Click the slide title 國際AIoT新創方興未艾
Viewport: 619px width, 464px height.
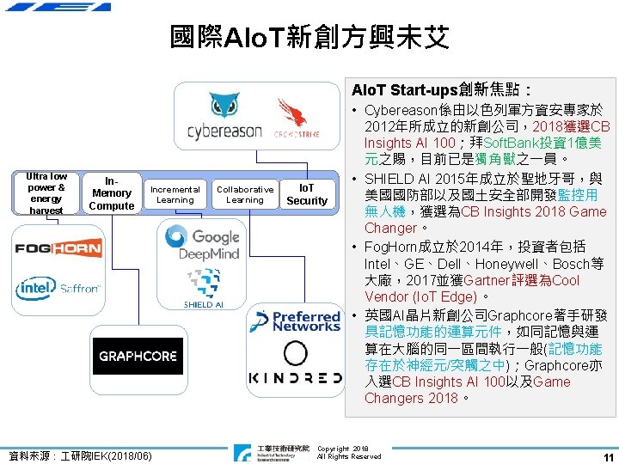tap(309, 37)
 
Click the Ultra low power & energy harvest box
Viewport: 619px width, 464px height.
tap(46, 193)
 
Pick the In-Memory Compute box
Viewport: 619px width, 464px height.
tap(112, 193)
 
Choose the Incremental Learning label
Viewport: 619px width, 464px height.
tap(175, 195)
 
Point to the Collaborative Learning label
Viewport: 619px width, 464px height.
tap(245, 195)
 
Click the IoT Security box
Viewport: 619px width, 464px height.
tap(307, 194)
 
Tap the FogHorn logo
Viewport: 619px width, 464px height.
tap(58, 249)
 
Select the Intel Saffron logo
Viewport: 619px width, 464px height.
tap(58, 289)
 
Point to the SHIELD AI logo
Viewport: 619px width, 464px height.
tap(203, 289)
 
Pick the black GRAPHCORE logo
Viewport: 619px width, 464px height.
tap(138, 356)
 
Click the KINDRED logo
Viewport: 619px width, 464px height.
tap(295, 378)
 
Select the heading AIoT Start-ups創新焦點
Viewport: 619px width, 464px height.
tap(443, 89)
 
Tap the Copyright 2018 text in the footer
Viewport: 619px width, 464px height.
tap(343, 449)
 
